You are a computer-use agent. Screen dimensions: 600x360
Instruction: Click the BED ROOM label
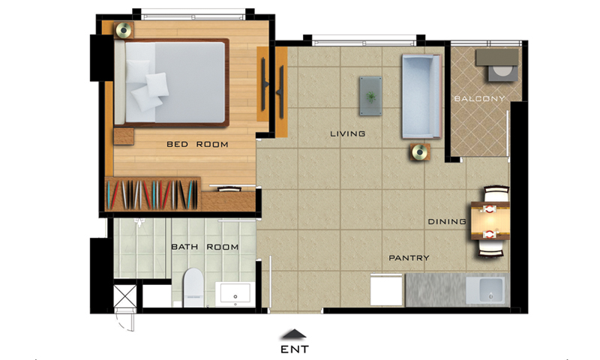point(197,144)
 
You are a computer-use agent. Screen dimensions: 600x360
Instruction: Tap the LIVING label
point(347,133)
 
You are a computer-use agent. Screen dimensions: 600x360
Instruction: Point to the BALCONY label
point(479,99)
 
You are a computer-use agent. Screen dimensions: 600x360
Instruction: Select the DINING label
point(447,221)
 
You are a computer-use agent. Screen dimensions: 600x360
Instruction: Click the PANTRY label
point(409,258)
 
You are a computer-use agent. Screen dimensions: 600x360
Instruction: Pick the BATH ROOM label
point(205,247)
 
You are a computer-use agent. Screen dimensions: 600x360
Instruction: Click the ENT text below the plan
point(294,349)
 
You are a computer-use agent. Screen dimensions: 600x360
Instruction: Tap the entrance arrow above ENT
point(294,334)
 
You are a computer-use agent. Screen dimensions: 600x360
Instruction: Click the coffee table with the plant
point(370,96)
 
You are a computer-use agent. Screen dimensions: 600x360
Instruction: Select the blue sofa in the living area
point(421,97)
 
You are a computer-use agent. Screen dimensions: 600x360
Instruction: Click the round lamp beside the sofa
point(420,153)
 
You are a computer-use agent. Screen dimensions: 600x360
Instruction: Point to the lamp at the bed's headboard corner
point(124,30)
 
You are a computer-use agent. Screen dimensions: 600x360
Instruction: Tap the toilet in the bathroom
point(193,287)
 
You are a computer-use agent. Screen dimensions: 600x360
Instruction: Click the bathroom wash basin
point(235,295)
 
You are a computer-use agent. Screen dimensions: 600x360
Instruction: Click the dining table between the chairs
point(490,220)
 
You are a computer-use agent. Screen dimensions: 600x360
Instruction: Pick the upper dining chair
point(496,193)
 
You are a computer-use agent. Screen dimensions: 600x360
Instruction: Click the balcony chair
point(502,73)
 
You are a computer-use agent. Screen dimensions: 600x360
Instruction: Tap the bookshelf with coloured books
point(153,194)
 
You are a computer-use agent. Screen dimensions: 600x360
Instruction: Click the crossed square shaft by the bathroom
point(124,296)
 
